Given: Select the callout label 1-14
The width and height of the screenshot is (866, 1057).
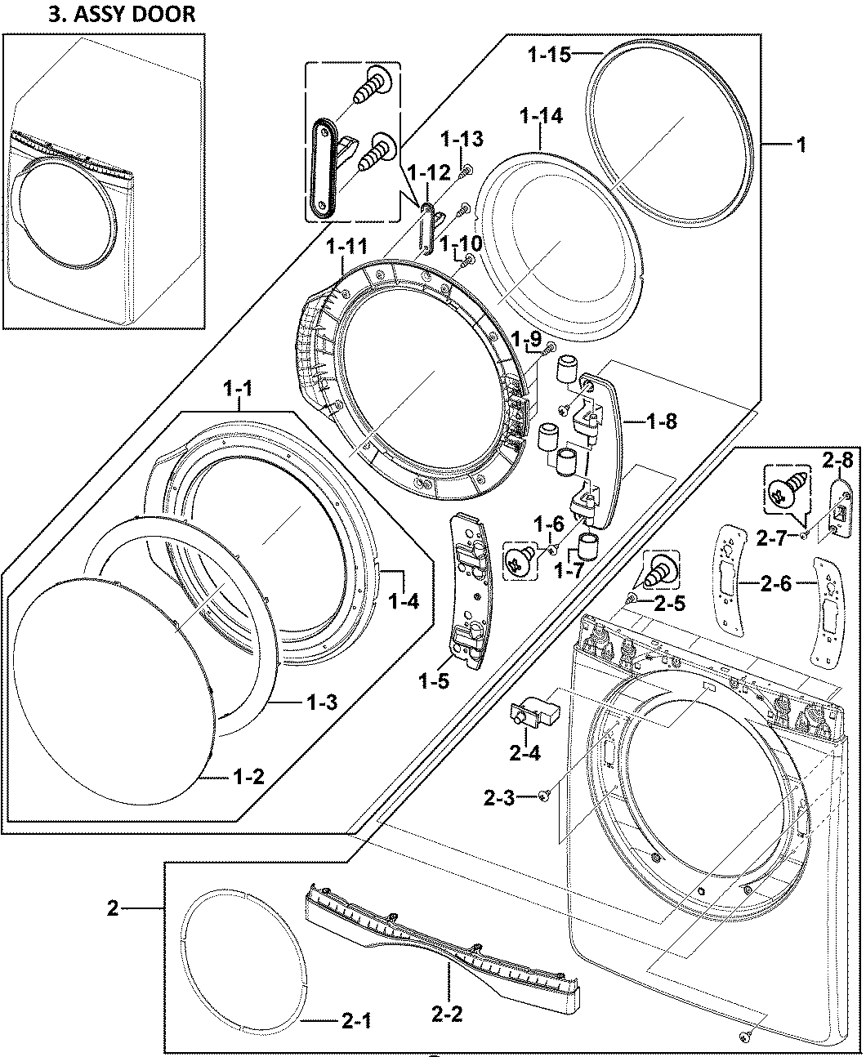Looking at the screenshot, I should [x=541, y=117].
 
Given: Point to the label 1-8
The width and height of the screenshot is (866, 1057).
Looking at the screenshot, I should [x=660, y=421].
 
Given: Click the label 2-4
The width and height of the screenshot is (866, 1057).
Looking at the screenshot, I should [x=525, y=752].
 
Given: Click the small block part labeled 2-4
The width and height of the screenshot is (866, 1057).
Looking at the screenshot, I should [x=531, y=710].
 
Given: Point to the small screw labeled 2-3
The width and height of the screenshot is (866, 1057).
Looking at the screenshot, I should [x=545, y=795].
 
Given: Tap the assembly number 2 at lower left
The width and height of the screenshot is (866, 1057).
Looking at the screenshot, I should [x=114, y=908].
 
